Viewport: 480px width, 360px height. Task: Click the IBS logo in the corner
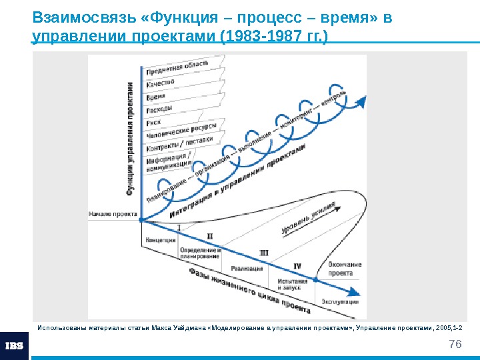(14, 345)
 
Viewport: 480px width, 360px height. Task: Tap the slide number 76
(455, 344)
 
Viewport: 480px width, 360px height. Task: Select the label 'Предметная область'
(177, 67)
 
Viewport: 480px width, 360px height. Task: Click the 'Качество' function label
(161, 83)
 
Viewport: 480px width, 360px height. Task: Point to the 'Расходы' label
(159, 108)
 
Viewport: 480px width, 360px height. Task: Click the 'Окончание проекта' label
(345, 269)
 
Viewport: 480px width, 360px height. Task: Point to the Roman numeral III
(263, 253)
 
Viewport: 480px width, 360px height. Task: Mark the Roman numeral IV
(297, 266)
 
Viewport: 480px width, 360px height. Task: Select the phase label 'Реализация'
(247, 268)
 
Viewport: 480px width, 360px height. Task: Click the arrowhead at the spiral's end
(362, 101)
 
